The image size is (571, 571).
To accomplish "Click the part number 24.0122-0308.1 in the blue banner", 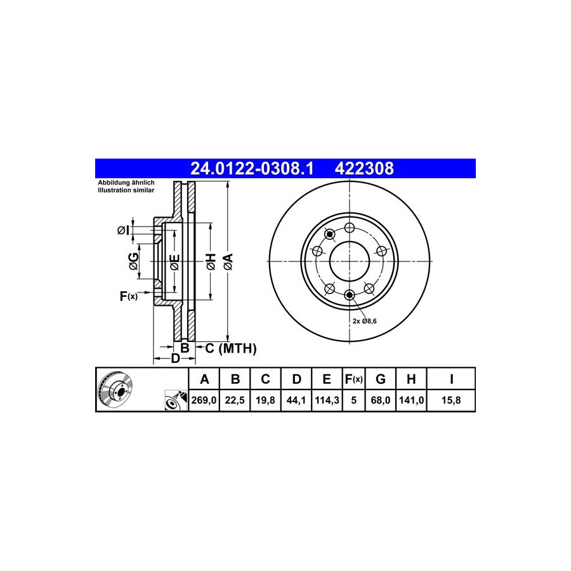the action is pyautogui.click(x=252, y=169).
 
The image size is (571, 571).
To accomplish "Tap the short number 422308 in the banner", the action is pyautogui.click(x=364, y=169).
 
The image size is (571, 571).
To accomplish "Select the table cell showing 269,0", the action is pyautogui.click(x=204, y=400).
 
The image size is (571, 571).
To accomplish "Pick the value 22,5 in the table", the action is pyautogui.click(x=235, y=400).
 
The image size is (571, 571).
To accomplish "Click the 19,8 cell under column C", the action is pyautogui.click(x=265, y=400).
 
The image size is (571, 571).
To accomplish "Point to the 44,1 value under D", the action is pyautogui.click(x=296, y=400).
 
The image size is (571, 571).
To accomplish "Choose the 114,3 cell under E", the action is pyautogui.click(x=327, y=400).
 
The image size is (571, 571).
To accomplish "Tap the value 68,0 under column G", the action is pyautogui.click(x=380, y=400).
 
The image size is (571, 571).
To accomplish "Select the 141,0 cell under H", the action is pyautogui.click(x=411, y=400).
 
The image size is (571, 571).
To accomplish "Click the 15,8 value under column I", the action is pyautogui.click(x=451, y=400).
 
